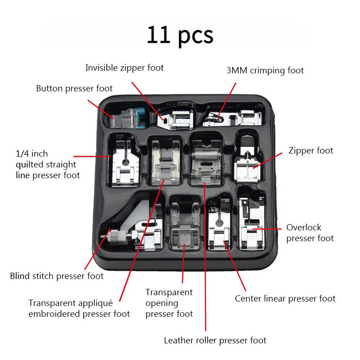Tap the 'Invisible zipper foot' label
pyautogui.click(x=125, y=68)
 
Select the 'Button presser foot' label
pyautogui.click(x=74, y=88)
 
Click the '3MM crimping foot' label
pyautogui.click(x=265, y=71)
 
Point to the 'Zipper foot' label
pyautogui.click(x=310, y=150)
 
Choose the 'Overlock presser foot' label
pyautogui.click(x=310, y=233)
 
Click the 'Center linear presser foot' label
pyautogui.click(x=285, y=298)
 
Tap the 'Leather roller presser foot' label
pyautogui.click(x=215, y=340)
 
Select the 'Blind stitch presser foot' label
pyautogui.click(x=57, y=276)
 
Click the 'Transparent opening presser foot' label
pyautogui.click(x=169, y=303)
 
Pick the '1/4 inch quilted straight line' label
pyautogui.click(x=45, y=165)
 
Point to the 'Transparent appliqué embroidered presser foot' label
pyautogui.click(x=79, y=308)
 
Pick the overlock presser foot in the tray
pyautogui.click(x=250, y=225)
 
